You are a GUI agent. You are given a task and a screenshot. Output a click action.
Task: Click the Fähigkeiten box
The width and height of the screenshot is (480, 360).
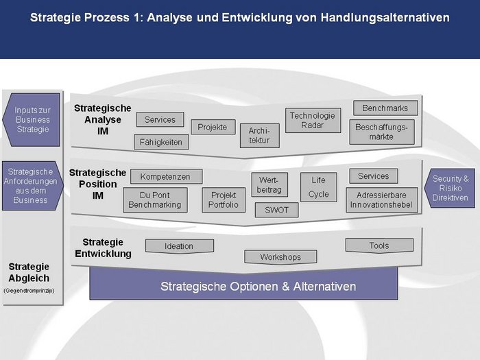(161, 142)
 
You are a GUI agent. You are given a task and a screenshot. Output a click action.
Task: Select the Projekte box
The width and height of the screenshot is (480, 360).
(213, 127)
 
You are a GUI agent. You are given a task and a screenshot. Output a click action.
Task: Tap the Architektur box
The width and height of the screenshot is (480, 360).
(260, 136)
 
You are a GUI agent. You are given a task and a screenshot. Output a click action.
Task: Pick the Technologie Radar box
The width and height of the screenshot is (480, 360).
(313, 120)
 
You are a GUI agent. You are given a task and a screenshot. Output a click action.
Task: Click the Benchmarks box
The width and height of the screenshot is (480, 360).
(385, 108)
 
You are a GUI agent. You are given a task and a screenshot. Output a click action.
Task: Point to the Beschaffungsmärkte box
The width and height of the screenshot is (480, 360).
(382, 132)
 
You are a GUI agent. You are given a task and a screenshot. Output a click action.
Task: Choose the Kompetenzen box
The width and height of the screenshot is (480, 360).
(166, 177)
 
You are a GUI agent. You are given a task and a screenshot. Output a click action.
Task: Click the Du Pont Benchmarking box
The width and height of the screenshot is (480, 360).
(155, 200)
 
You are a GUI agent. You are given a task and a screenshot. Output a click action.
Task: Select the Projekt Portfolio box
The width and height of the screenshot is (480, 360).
(224, 200)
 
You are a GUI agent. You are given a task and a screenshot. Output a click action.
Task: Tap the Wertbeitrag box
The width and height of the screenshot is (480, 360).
(269, 184)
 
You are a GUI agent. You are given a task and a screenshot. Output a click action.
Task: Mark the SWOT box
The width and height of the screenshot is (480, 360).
(276, 210)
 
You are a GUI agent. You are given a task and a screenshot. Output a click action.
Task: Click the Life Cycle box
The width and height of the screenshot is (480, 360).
(319, 187)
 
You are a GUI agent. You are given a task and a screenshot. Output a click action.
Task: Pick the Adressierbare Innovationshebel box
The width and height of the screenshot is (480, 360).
(382, 200)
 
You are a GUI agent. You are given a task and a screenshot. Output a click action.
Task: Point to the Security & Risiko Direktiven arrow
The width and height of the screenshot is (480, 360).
(450, 189)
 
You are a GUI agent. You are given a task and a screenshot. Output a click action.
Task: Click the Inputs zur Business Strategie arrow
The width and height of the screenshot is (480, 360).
(32, 120)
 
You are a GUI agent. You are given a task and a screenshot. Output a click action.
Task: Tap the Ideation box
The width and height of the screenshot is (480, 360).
(180, 246)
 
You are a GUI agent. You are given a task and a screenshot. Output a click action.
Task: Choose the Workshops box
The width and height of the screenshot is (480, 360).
(280, 257)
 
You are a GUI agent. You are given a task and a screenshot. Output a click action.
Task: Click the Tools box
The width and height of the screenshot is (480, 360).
(379, 245)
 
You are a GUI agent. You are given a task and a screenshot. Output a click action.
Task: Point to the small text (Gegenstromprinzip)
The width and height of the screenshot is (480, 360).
(29, 291)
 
